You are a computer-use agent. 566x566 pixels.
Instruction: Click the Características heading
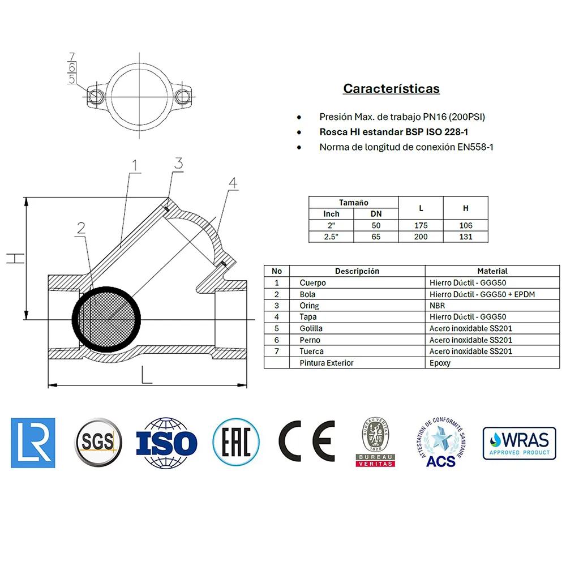[x=391, y=88]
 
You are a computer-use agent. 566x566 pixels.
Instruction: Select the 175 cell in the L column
[x=421, y=225]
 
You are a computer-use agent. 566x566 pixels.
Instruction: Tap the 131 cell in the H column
[x=466, y=237]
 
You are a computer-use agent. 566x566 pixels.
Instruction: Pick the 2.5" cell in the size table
[x=331, y=237]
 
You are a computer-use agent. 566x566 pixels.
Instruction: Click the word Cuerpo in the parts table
[x=312, y=282]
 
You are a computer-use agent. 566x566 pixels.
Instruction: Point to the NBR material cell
[x=437, y=306]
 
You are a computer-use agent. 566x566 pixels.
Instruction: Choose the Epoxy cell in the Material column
[x=440, y=363]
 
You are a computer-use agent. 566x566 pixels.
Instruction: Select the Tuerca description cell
[x=311, y=351]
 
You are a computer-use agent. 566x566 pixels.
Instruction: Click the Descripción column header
[x=357, y=271]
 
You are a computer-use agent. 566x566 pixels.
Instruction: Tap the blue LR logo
[x=33, y=443]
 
